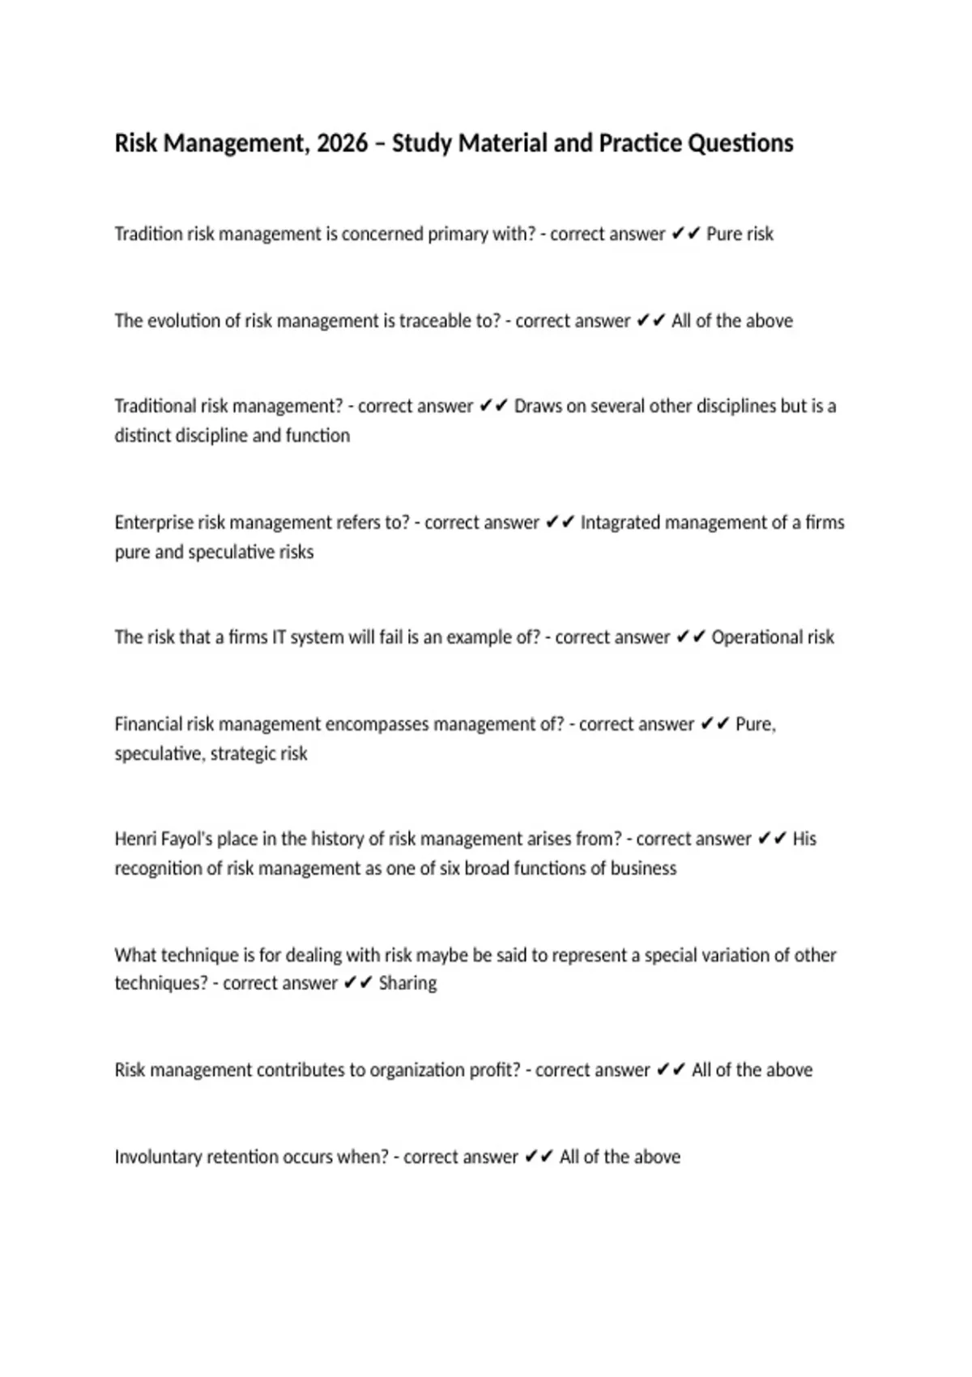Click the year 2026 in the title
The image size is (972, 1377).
(342, 143)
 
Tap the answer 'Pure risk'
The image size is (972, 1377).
(740, 234)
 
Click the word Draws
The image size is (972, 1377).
(538, 406)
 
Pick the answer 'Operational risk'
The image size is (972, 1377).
(773, 637)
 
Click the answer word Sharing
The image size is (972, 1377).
(407, 983)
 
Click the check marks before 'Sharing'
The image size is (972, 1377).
(357, 983)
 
